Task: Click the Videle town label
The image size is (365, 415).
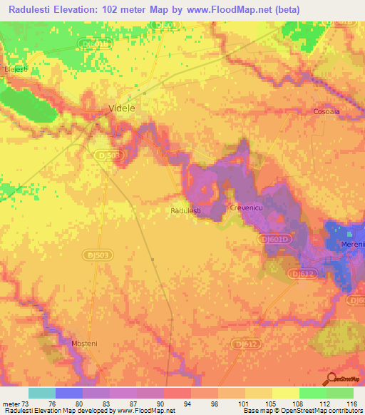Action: click(x=120, y=108)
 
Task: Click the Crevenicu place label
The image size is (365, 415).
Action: click(x=247, y=207)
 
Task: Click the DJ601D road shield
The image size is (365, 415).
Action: click(x=274, y=240)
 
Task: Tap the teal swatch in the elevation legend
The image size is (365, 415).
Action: click(x=41, y=393)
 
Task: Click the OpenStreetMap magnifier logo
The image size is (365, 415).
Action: click(x=330, y=378)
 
